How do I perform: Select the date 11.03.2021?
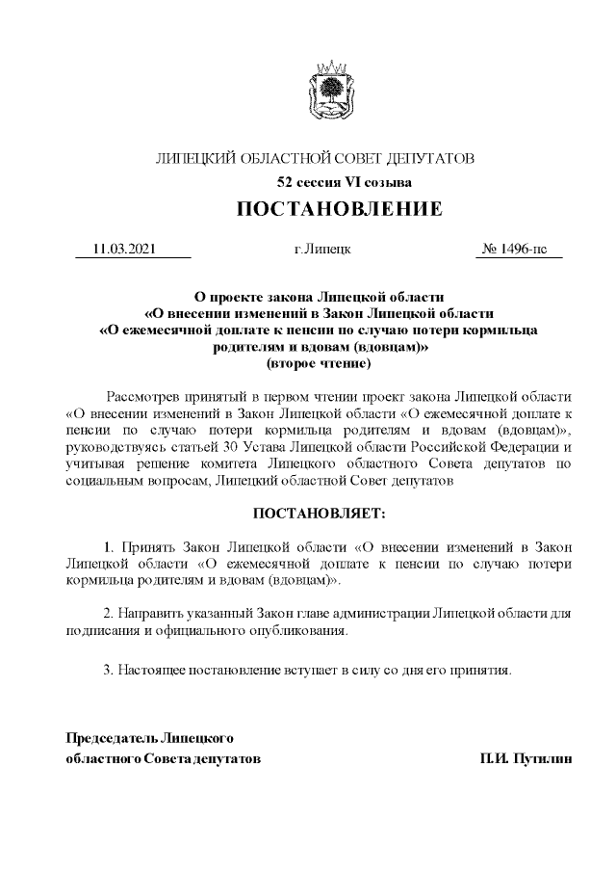123,250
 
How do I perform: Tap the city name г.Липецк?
321,250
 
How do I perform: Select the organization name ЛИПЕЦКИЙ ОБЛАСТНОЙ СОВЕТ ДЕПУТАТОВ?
315,158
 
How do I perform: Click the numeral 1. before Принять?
108,548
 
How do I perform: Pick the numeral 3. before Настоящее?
108,668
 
